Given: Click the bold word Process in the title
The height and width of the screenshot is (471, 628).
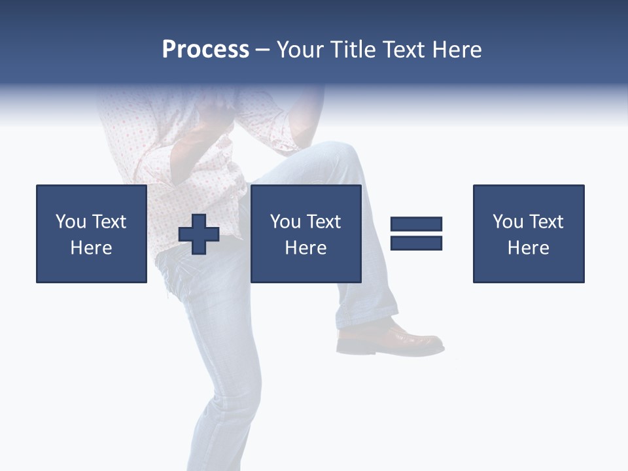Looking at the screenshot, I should point(205,50).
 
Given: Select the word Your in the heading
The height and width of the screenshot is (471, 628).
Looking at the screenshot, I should point(303,50).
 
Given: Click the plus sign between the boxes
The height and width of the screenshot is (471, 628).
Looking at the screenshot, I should point(199,234).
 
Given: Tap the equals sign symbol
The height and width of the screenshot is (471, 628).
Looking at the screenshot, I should point(416,234).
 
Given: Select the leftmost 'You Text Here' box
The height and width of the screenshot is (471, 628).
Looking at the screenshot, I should point(92,234).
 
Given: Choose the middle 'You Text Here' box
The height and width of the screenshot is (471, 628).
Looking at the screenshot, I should point(305,234).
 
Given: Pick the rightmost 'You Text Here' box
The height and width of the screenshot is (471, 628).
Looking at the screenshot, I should point(528,234).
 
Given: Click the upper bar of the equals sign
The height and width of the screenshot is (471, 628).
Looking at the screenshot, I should point(416,224).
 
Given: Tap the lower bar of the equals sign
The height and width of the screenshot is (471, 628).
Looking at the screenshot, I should point(416,243).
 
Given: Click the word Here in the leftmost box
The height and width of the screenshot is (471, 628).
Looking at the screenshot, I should point(92,248).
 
